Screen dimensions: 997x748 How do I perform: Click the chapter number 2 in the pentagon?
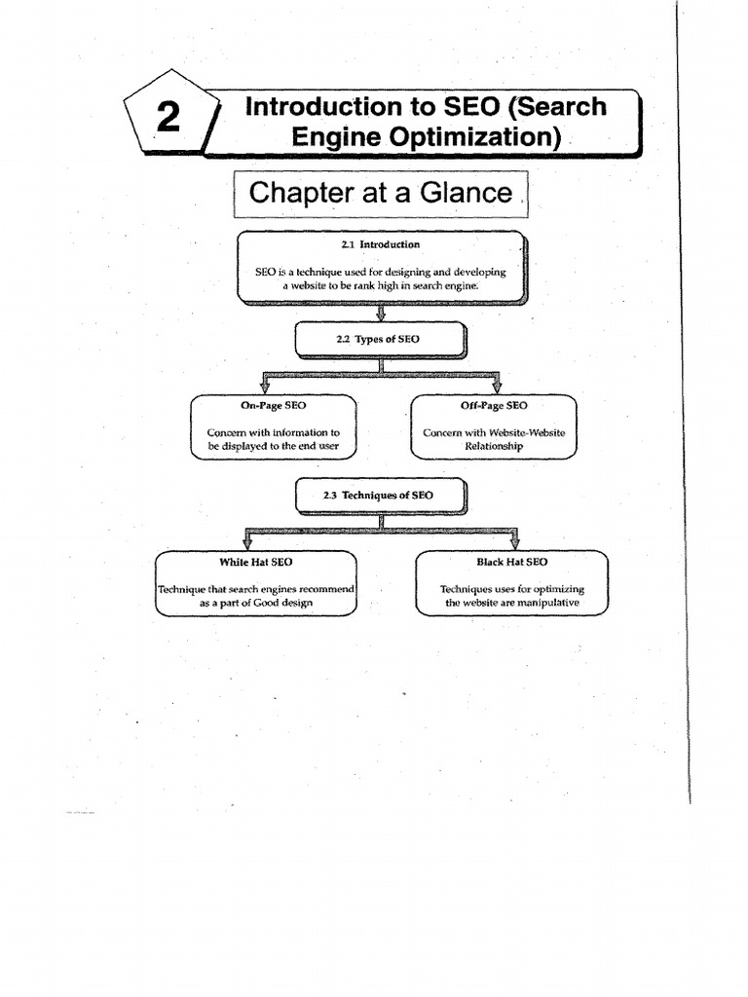coord(168,117)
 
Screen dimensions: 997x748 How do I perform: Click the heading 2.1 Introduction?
coord(381,244)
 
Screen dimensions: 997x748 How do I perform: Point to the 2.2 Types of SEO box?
coord(381,339)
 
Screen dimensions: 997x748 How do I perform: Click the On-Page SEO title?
coord(274,405)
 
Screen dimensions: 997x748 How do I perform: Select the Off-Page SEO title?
coord(494,405)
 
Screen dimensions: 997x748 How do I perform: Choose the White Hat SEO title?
coord(256,562)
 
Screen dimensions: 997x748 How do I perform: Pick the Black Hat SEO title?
coord(511,562)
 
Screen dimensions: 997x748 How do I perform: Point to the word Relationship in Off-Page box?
coord(494,446)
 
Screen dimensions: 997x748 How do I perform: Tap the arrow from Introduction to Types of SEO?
coord(381,313)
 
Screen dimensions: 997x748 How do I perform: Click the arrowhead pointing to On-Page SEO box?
coord(264,387)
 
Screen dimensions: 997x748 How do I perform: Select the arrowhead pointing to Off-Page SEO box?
coord(496,387)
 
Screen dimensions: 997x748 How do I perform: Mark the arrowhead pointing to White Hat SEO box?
coord(245,542)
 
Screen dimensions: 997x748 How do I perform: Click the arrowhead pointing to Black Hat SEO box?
coord(514,542)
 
